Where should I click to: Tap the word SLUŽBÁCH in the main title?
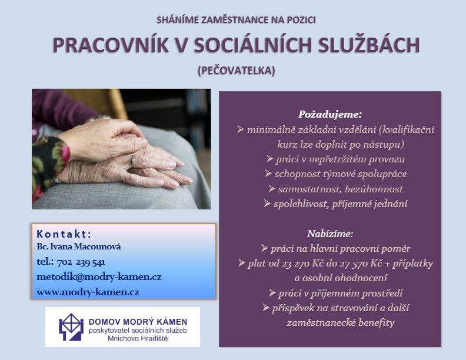coord(369,45)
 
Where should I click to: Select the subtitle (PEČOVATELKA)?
coord(237,71)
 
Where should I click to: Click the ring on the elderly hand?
coord(133,161)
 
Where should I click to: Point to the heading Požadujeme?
coord(330,114)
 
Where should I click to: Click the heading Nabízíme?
coord(330,234)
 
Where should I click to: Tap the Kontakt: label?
coord(64,234)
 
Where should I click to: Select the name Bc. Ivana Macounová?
coord(79,246)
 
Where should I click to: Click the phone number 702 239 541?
coord(81,262)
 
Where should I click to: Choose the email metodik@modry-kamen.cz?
coord(99,277)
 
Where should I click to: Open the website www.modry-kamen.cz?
coord(88,292)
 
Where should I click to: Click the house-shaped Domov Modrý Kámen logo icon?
coord(71,327)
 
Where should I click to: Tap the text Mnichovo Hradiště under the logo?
coord(138,339)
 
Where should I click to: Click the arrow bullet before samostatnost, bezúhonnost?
coord(272,189)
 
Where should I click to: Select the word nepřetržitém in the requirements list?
coord(338,159)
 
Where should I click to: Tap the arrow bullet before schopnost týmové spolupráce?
coord(268,174)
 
